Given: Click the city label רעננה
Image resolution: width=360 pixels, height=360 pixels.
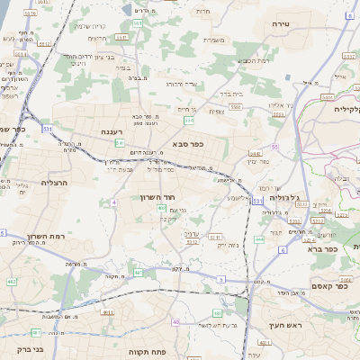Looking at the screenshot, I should click(112, 131).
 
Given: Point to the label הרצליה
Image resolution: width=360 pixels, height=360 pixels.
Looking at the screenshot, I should click(55, 182).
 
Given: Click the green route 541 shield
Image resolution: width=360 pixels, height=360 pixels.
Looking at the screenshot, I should click(120, 143).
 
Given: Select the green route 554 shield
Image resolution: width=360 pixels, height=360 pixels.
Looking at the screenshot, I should click(188, 120).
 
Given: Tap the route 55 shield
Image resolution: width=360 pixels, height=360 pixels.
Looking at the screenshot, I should click(274, 146).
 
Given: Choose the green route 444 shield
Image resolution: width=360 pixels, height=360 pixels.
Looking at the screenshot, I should click(259, 239).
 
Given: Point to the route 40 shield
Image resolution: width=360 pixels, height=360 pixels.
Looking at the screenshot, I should click(175, 322).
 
